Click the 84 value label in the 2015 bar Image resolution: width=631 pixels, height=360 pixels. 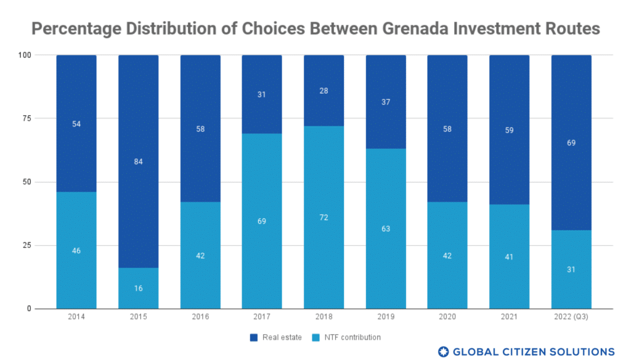point(138,162)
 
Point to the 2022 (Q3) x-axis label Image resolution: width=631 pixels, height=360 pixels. point(571,317)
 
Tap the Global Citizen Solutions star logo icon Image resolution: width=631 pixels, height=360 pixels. point(443,351)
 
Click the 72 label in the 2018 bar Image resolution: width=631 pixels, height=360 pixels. point(324,218)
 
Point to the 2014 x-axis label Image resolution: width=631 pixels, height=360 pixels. point(76,317)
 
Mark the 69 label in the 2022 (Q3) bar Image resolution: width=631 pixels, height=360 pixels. point(571,143)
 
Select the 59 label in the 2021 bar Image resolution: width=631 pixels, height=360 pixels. point(509,130)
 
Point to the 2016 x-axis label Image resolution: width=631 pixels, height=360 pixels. point(200,317)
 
